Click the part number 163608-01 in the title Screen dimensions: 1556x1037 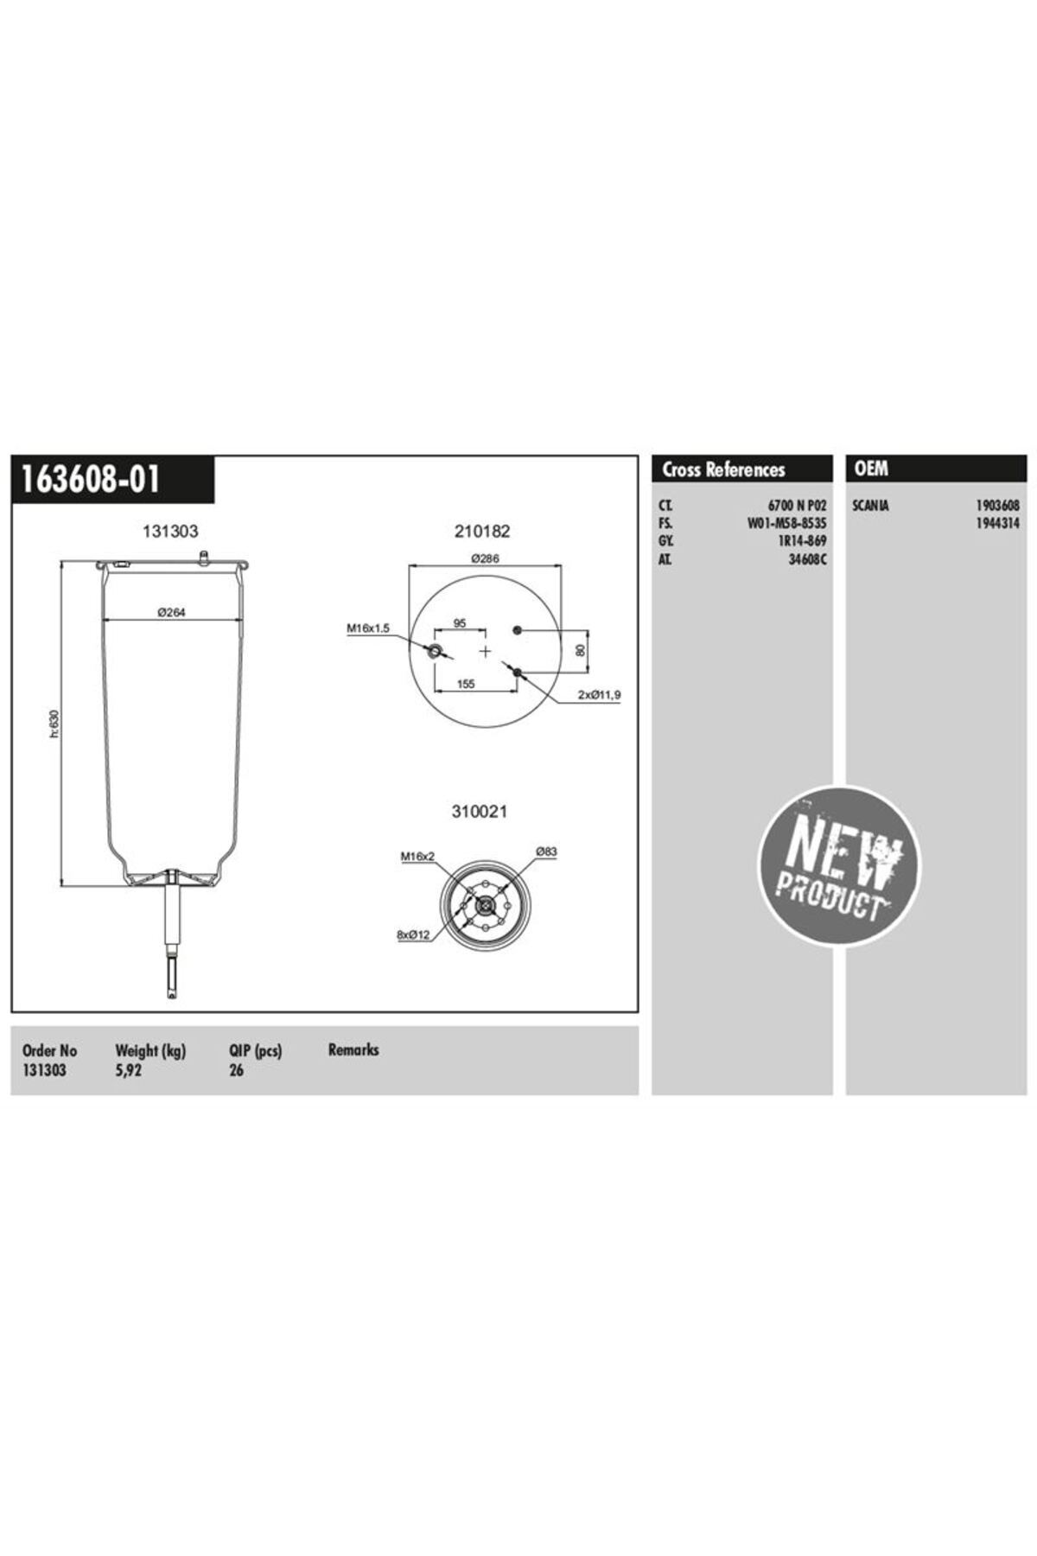[91, 479]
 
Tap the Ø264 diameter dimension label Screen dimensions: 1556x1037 [171, 612]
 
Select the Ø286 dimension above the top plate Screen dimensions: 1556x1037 [485, 558]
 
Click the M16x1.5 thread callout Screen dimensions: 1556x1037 [369, 628]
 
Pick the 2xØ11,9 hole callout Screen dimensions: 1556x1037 [599, 694]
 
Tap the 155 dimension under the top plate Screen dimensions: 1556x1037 [466, 684]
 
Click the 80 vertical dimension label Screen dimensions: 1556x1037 [581, 648]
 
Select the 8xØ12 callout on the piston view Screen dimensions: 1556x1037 [414, 934]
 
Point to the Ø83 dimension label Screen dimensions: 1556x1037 [546, 851]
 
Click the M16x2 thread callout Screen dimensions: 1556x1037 [417, 856]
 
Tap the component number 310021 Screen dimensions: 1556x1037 [480, 812]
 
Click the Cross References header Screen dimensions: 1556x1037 [723, 469]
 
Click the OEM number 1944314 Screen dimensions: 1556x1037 [997, 523]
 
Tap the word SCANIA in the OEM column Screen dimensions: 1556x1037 [870, 505]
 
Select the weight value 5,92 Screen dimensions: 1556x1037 [129, 1069]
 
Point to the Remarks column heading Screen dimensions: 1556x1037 [353, 1049]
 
